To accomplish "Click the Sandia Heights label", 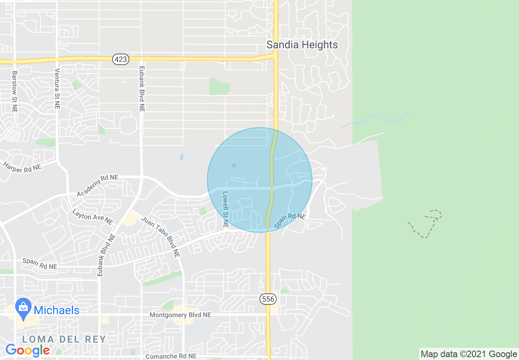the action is pyautogui.click(x=302, y=45).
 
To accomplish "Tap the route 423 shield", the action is pyautogui.click(x=121, y=59).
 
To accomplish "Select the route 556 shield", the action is pyautogui.click(x=268, y=299).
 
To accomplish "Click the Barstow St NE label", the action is pyautogui.click(x=15, y=92).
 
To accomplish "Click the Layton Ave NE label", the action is pyautogui.click(x=93, y=217).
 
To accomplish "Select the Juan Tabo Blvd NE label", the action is pyautogui.click(x=161, y=236).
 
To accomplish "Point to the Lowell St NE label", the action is pyautogui.click(x=225, y=209).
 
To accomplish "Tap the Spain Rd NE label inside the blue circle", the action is pyautogui.click(x=290, y=221).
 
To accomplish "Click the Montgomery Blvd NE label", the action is pyautogui.click(x=181, y=315).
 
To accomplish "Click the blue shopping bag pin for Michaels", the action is pyautogui.click(x=23, y=308).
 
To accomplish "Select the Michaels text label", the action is pyautogui.click(x=56, y=310).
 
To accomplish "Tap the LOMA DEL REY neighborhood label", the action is pyautogui.click(x=64, y=339).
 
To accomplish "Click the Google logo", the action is pyautogui.click(x=27, y=350).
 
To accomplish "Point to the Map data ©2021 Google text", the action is pyautogui.click(x=469, y=354).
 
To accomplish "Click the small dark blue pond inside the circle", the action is pyautogui.click(x=234, y=166).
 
